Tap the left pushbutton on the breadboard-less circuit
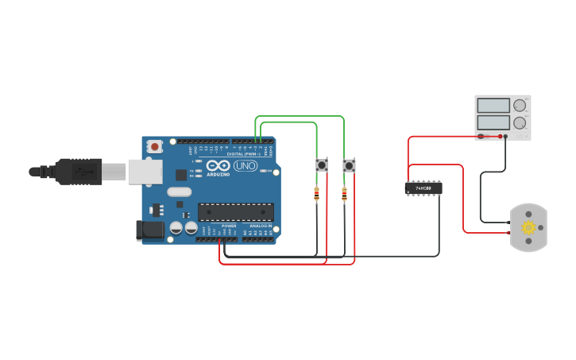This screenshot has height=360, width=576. [x=322, y=165]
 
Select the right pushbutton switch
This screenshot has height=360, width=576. [x=349, y=165]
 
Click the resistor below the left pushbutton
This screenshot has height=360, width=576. [x=317, y=193]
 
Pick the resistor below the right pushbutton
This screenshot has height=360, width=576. [x=344, y=193]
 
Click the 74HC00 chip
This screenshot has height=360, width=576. [x=423, y=188]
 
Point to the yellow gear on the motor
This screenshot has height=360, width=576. [x=528, y=227]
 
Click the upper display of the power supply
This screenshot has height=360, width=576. [x=493, y=105]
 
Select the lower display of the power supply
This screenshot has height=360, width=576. [x=493, y=122]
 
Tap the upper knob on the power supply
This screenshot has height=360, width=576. [x=520, y=105]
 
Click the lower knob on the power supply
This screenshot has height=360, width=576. [x=520, y=122]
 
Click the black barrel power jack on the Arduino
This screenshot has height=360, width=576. [x=149, y=230]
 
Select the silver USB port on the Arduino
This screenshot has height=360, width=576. [x=145, y=171]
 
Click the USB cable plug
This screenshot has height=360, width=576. [x=79, y=171]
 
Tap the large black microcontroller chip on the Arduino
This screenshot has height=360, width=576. [x=235, y=211]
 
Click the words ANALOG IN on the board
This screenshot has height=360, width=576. [x=261, y=226]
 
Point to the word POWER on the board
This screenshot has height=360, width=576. [x=229, y=226]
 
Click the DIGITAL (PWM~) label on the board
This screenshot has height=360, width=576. [x=242, y=154]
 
